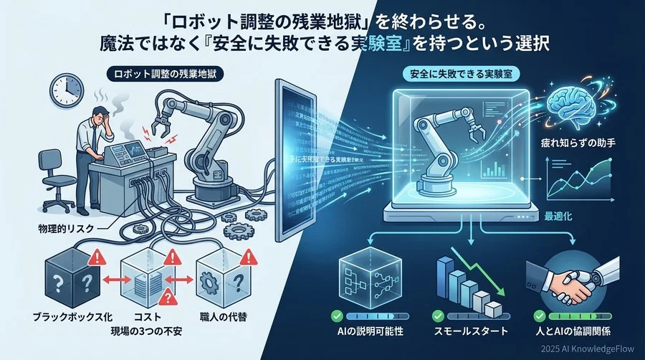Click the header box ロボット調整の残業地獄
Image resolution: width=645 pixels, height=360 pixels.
click(x=156, y=73)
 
